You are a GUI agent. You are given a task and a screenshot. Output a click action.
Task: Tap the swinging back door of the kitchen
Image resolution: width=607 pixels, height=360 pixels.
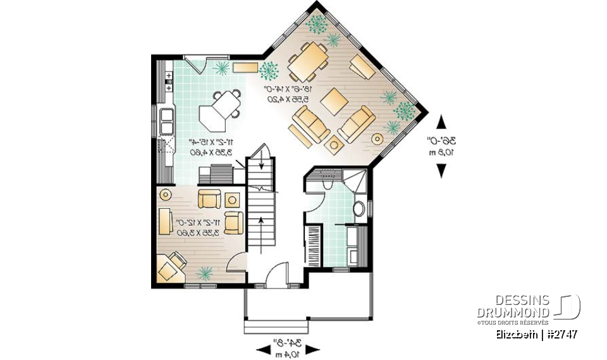pos(198,65)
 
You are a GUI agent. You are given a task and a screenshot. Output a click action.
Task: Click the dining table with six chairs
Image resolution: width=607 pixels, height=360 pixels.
pos(308,61)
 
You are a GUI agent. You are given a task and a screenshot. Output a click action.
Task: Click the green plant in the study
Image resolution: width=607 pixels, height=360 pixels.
pos(205,273)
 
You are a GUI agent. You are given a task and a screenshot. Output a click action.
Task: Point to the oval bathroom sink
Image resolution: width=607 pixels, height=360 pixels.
pos(359,209)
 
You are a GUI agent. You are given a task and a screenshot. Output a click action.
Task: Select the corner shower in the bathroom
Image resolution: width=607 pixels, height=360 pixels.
pos(355,181)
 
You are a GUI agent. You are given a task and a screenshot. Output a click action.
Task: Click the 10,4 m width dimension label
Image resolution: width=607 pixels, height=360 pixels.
pos(286,355)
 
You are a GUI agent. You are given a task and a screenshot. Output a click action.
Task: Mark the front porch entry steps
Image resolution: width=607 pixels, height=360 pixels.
pos(277,327)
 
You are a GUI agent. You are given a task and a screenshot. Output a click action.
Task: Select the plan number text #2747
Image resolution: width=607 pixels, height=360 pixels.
pos(560,333)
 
